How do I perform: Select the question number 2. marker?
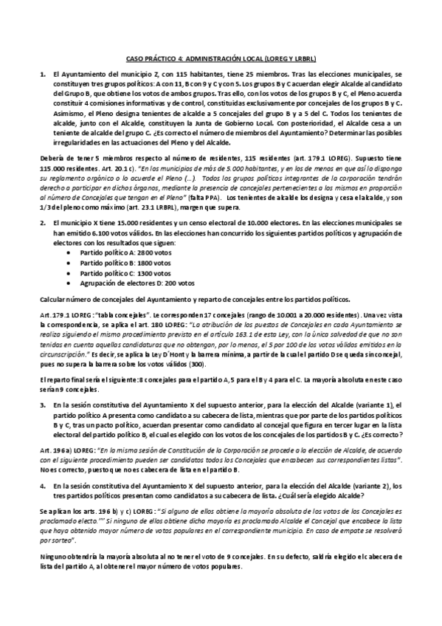(43, 221)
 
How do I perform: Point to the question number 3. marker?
(43, 405)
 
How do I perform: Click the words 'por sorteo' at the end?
(55, 540)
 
